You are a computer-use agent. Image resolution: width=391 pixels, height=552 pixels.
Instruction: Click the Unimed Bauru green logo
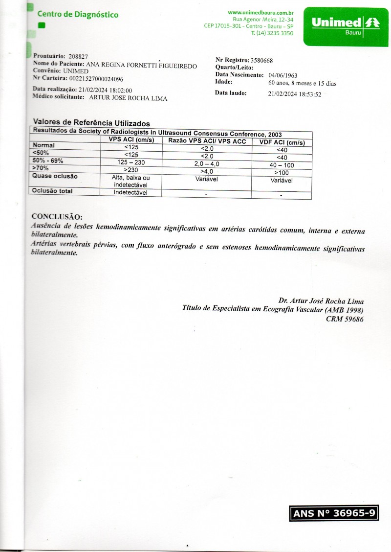tap(341, 26)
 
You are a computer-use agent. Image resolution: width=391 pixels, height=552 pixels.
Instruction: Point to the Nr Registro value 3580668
tap(261, 61)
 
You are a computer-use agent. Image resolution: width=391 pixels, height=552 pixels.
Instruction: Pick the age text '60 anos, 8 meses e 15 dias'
tap(303, 83)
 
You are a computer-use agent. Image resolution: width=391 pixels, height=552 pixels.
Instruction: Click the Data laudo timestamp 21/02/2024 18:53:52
tap(295, 94)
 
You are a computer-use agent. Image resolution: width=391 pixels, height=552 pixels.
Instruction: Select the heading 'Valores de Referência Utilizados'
tap(91, 122)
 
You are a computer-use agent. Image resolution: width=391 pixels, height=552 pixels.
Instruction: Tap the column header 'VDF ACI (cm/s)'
tap(282, 143)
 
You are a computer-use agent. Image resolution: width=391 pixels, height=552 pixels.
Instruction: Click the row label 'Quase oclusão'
tap(55, 176)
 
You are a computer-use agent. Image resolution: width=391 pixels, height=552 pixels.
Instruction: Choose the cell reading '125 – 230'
tap(131, 162)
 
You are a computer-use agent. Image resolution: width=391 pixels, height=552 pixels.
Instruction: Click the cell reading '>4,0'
tap(207, 172)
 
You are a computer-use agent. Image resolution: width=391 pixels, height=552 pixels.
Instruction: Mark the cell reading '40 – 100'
tap(282, 165)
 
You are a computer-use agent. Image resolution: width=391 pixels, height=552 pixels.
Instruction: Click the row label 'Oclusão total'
tap(52, 191)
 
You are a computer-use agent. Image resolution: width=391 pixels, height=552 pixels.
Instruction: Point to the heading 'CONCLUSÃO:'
tap(57, 217)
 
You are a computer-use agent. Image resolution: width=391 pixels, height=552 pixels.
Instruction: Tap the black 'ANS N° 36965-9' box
tap(334, 513)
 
